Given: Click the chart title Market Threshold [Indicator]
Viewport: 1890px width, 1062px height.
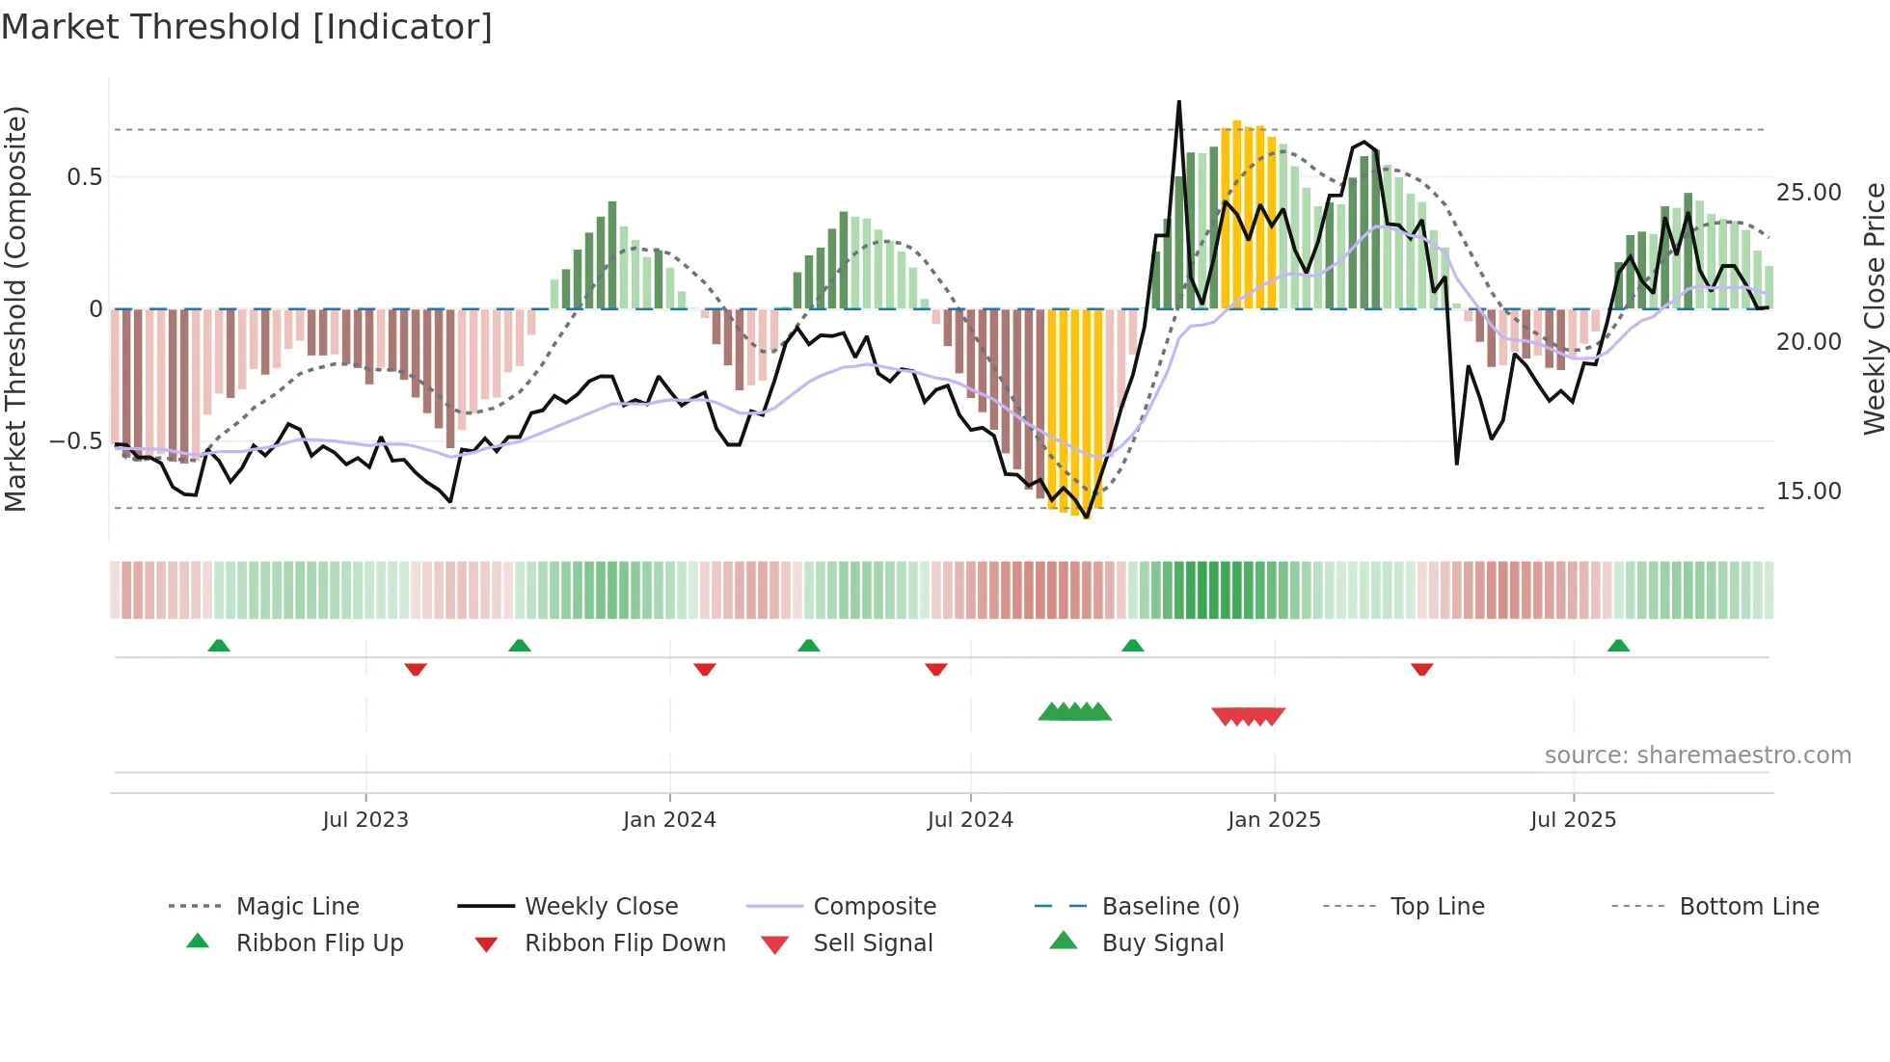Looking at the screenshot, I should click(x=247, y=27).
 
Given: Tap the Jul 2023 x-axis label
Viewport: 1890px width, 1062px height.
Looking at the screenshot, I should click(x=365, y=820).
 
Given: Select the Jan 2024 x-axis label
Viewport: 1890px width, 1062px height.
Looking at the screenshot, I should click(x=669, y=820).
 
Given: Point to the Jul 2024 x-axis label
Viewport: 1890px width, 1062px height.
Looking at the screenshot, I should click(x=970, y=820).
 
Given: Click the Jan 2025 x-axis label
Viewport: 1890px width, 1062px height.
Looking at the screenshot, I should click(x=1274, y=820).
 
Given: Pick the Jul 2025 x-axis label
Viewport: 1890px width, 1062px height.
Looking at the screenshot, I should click(x=1573, y=820).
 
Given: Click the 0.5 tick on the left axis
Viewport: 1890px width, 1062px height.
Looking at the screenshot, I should click(x=85, y=177).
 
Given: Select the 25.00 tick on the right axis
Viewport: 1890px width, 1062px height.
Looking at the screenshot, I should click(x=1809, y=193).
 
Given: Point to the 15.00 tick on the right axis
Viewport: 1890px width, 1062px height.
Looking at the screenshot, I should click(x=1809, y=491).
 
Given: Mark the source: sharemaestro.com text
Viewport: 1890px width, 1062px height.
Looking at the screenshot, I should click(x=1697, y=756).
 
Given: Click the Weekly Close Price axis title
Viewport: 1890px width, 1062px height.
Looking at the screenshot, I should click(x=1874, y=308).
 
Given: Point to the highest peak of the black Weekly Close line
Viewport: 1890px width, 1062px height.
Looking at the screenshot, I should click(x=1178, y=102).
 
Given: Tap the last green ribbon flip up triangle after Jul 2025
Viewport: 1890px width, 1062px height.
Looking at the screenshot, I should click(x=1618, y=646).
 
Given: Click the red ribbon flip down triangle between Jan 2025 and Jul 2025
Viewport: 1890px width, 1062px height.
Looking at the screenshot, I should click(x=1421, y=669).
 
